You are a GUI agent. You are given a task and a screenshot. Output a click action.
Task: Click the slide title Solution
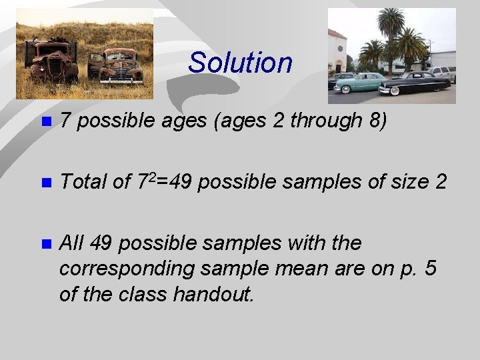coord(240,63)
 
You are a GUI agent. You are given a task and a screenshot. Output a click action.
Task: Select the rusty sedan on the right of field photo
coord(117,67)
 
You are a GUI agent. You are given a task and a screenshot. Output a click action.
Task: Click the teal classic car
coord(361,83)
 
